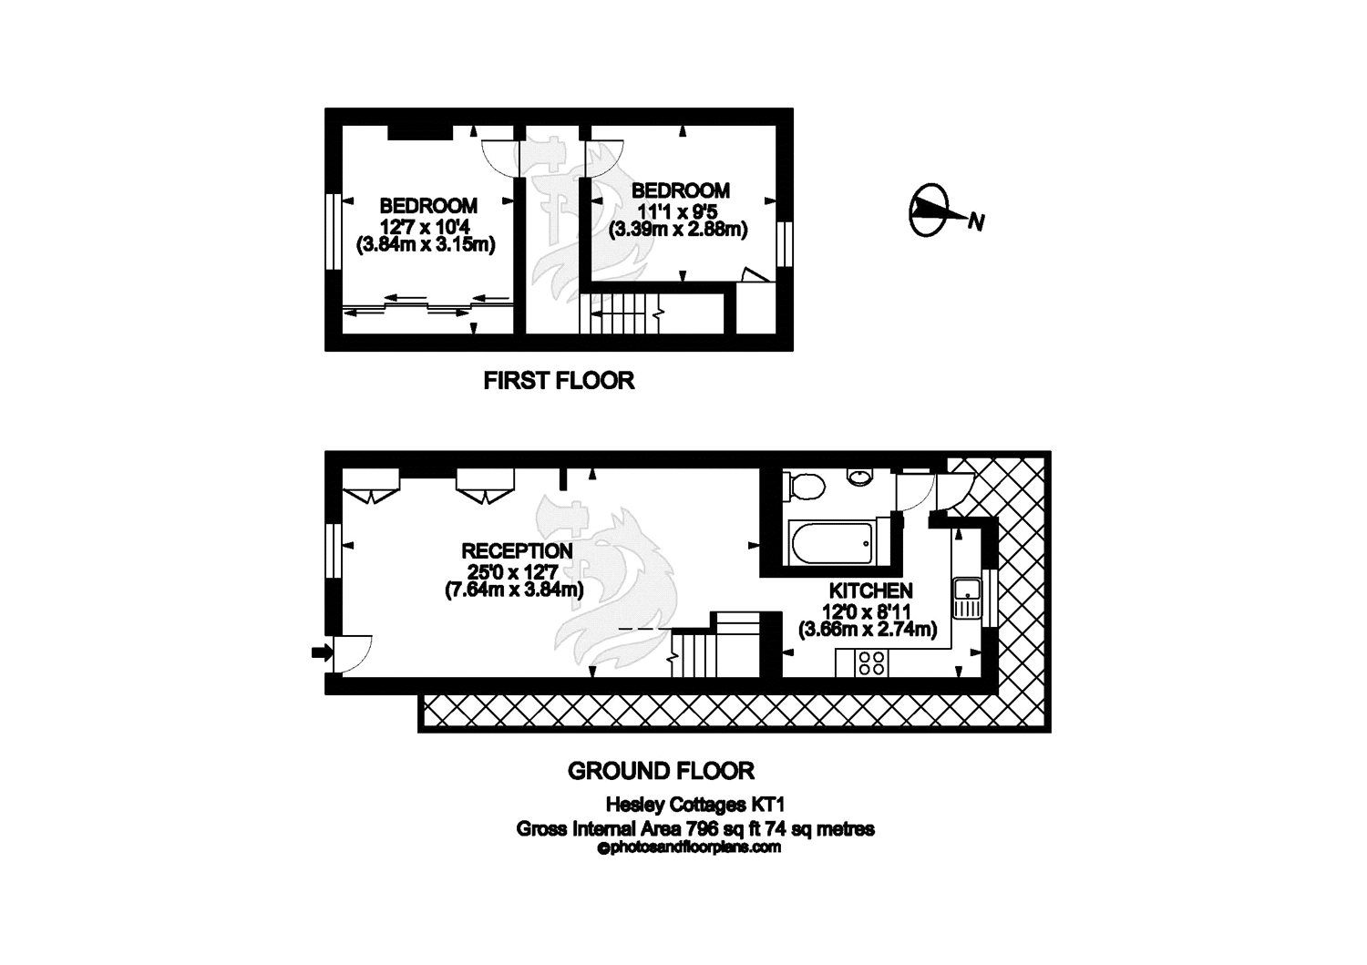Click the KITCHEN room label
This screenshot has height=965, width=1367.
[869, 590]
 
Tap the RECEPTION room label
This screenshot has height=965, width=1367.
[517, 550]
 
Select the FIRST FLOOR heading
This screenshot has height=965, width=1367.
[558, 380]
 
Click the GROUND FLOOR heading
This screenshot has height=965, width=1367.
[661, 771]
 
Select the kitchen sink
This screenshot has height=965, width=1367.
[965, 599]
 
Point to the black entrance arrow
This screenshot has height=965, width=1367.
[320, 652]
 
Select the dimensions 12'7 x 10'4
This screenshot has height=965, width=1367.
[428, 225]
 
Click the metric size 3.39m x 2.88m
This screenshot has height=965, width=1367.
[679, 230]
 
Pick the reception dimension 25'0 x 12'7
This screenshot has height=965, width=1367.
[517, 571]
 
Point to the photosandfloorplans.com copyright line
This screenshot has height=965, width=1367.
[689, 847]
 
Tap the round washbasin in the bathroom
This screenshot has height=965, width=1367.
[859, 476]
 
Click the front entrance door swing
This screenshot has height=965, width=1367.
[352, 652]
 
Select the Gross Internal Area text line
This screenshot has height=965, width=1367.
[694, 828]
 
